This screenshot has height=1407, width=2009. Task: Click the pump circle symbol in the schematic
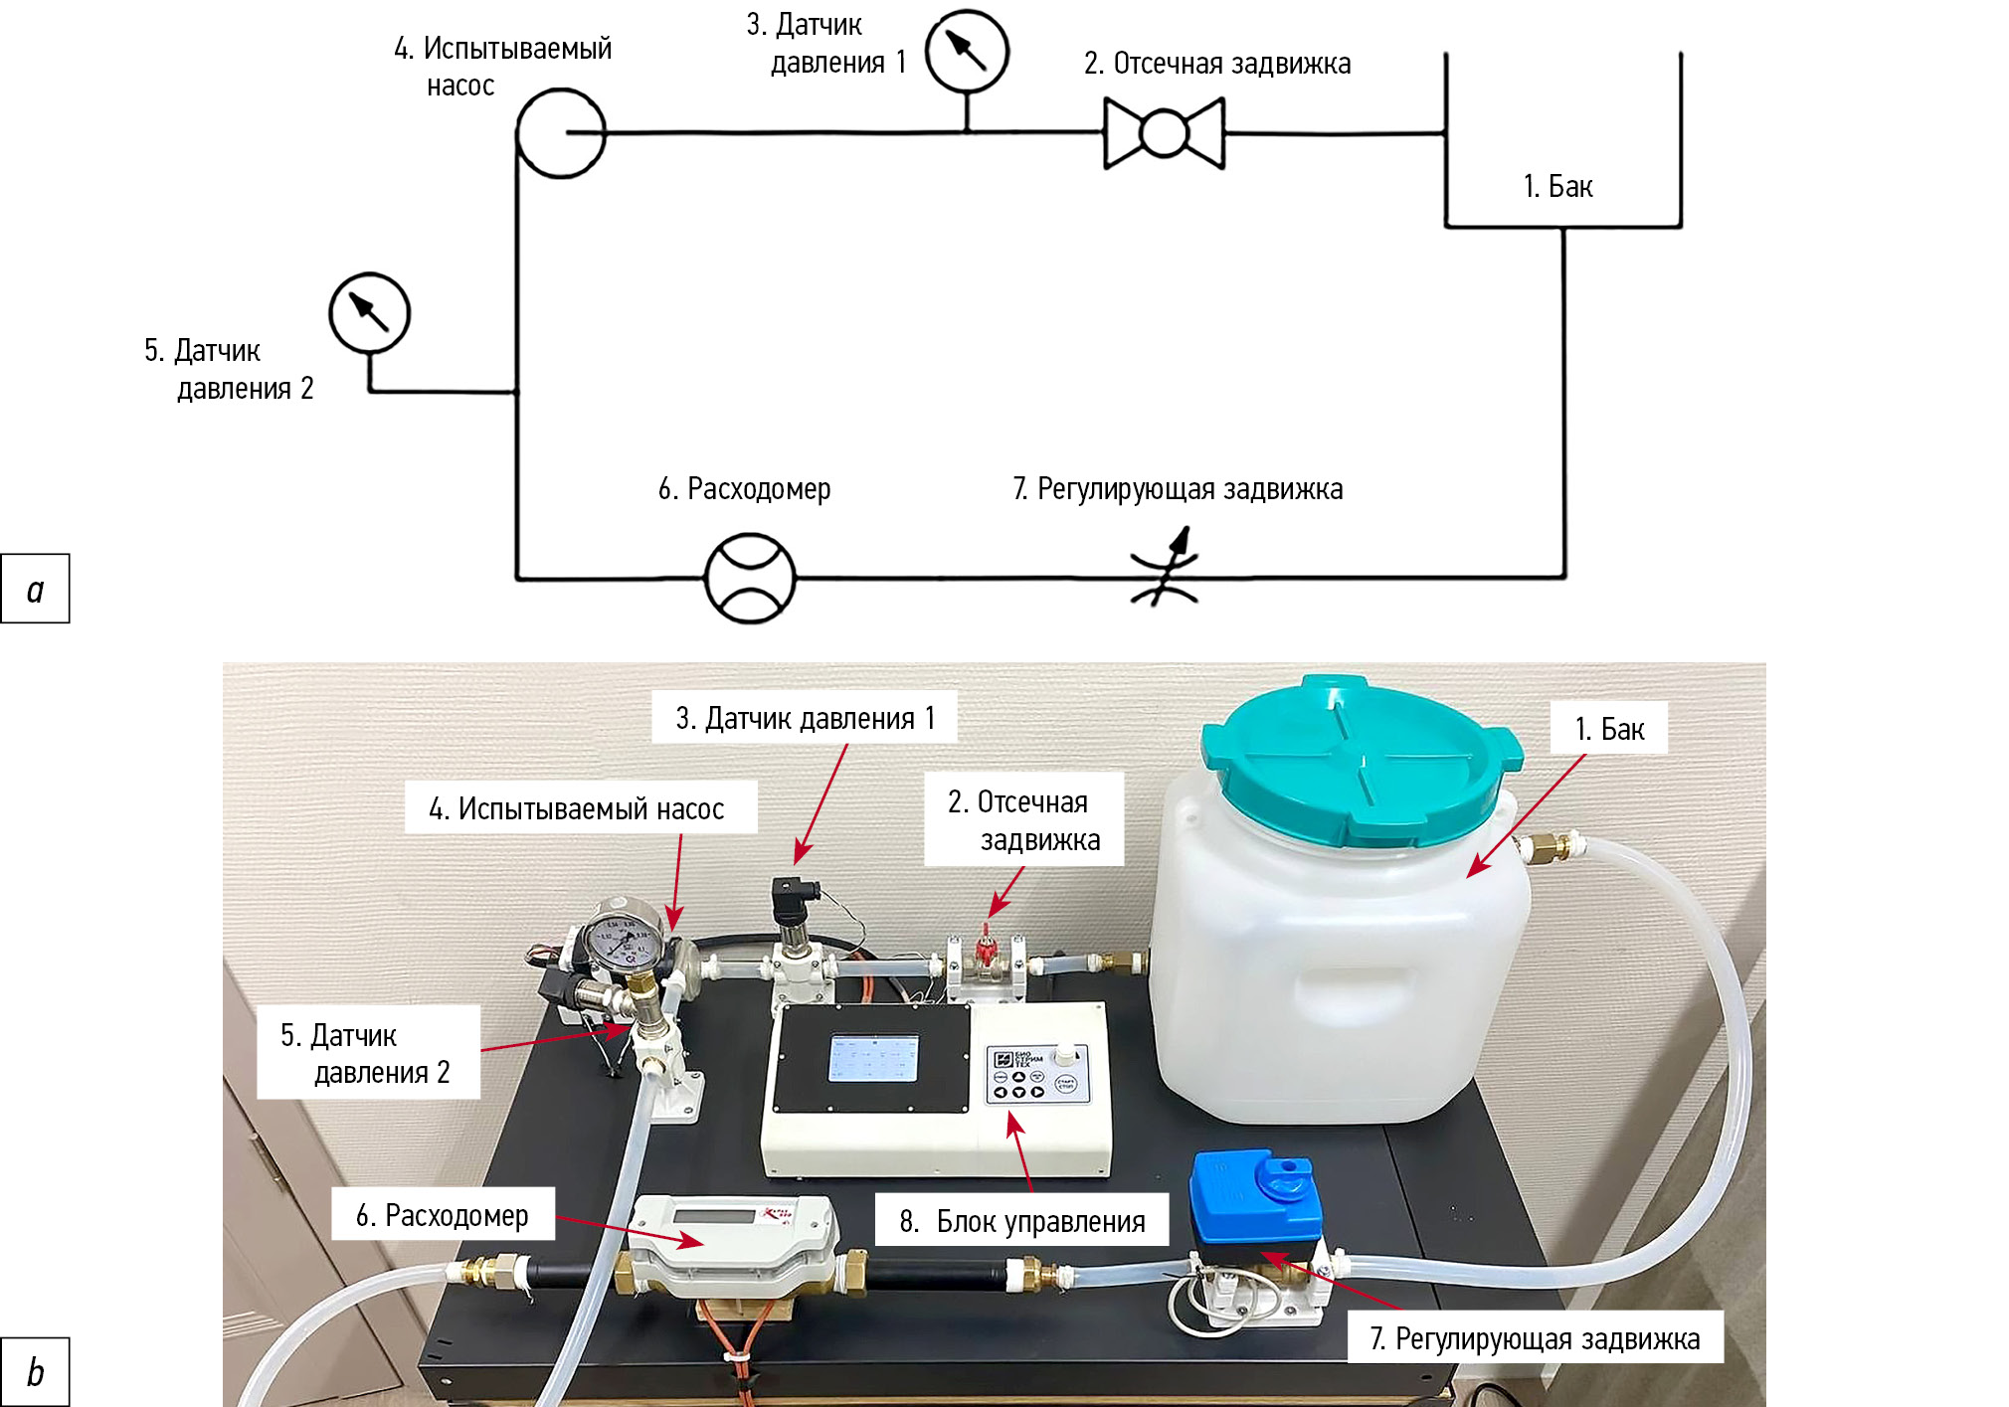point(561,133)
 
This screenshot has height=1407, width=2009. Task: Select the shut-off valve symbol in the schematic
point(1164,133)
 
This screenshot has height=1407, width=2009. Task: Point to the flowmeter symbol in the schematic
point(750,578)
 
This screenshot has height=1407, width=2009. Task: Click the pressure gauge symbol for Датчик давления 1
point(967,52)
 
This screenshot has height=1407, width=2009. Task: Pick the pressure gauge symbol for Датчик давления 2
point(369,313)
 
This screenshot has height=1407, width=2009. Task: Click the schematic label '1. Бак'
point(1557,186)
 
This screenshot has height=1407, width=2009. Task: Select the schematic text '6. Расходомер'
point(744,488)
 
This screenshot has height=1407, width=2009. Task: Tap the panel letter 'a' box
point(36,589)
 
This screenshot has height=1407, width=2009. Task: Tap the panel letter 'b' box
point(36,1372)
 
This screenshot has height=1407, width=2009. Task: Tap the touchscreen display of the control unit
point(873,1057)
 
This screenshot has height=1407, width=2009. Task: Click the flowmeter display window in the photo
point(714,1215)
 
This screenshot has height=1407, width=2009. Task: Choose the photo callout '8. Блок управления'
point(1021,1220)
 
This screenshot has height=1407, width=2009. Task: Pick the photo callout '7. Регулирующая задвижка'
point(1535,1338)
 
